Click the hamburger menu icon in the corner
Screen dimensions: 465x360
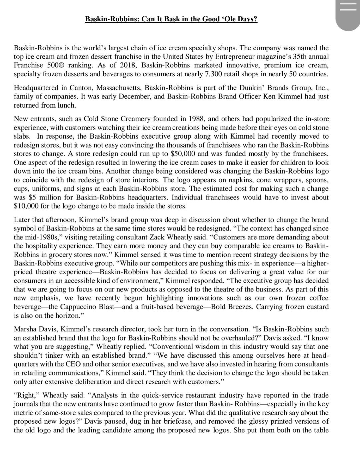[x=348, y=8]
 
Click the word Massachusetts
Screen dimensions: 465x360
[x=119, y=88]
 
